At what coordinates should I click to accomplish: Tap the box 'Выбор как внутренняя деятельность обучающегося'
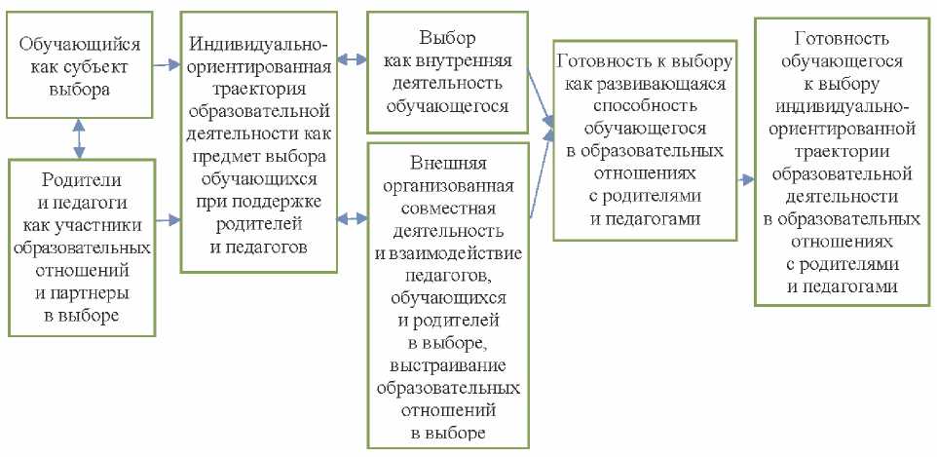447,72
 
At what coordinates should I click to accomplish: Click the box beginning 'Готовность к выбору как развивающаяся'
642,139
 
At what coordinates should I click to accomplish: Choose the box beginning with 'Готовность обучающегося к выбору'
839,160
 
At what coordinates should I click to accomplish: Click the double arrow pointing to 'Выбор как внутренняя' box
351,58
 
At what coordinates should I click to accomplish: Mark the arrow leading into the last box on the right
744,180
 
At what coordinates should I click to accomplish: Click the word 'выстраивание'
447,364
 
